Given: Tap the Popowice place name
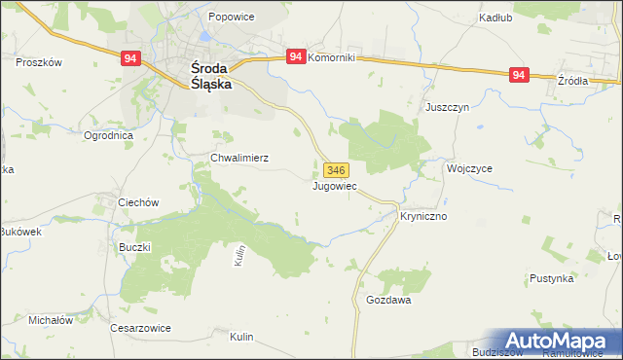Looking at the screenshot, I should click(232, 18).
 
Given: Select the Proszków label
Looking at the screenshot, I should click(39, 61).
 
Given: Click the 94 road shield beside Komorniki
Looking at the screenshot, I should click(297, 58).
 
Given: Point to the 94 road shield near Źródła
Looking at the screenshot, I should click(519, 75).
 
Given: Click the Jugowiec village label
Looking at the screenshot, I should click(335, 185).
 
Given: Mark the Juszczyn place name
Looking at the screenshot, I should click(448, 108).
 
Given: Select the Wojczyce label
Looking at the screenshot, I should click(469, 167).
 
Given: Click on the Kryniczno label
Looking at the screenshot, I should click(423, 216).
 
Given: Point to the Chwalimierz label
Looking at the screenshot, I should click(239, 157).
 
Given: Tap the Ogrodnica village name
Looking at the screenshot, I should click(108, 135).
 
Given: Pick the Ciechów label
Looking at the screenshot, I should click(137, 202).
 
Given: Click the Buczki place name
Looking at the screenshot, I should click(134, 247).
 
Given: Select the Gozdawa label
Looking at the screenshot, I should click(388, 301).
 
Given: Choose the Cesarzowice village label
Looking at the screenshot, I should click(140, 328).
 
